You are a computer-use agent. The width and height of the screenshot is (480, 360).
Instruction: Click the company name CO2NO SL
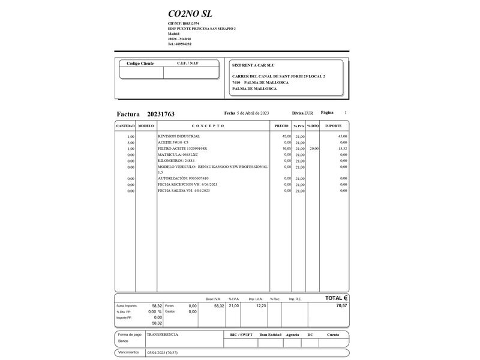click(x=190, y=14)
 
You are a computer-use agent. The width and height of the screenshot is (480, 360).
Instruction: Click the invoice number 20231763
click(x=161, y=114)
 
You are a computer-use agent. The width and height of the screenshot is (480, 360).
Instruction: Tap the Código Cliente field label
click(x=140, y=63)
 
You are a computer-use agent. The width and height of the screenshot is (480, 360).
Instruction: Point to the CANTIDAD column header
click(x=125, y=126)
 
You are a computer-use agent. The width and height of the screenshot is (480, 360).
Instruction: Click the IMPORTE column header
click(x=334, y=126)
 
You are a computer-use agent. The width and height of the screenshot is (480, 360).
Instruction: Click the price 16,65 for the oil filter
click(x=286, y=148)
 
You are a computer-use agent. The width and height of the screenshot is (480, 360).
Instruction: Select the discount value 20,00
click(x=314, y=148)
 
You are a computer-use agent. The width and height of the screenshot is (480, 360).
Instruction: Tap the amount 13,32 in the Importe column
click(x=342, y=148)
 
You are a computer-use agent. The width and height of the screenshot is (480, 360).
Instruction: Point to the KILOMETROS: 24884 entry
click(x=176, y=160)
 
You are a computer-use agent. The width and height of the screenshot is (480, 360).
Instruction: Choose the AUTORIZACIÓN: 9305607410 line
click(x=183, y=178)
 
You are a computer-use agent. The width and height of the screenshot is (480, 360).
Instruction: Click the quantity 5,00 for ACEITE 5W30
click(x=131, y=142)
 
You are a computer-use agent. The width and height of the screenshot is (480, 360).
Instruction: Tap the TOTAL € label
click(x=337, y=298)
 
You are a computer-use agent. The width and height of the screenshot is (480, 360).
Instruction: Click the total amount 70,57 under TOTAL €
click(x=342, y=305)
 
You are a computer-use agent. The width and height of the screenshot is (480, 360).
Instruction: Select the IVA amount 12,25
click(x=260, y=305)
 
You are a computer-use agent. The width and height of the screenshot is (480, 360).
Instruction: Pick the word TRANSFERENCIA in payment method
click(x=163, y=334)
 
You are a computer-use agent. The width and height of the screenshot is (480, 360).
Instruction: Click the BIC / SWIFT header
click(x=241, y=335)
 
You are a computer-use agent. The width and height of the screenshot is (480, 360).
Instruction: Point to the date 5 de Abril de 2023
click(x=253, y=113)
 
